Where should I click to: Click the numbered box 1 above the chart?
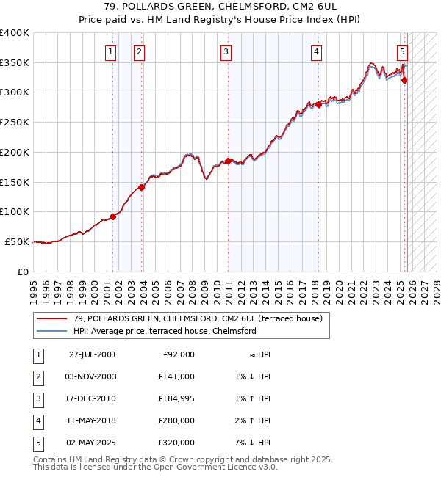pyautogui.click(x=110, y=51)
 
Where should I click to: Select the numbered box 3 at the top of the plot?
pyautogui.click(x=226, y=51)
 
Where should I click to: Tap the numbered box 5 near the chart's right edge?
pyautogui.click(x=403, y=51)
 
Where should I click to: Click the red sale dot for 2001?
pyautogui.click(x=113, y=216)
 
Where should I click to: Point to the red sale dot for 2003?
pyautogui.click(x=142, y=187)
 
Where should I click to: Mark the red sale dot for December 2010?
pyautogui.click(x=229, y=161)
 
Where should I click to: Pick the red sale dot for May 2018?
pyautogui.click(x=318, y=104)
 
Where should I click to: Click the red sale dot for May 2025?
pyautogui.click(x=404, y=80)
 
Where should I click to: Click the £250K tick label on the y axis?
pyautogui.click(x=15, y=122)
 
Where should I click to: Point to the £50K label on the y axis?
pyautogui.click(x=18, y=241)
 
